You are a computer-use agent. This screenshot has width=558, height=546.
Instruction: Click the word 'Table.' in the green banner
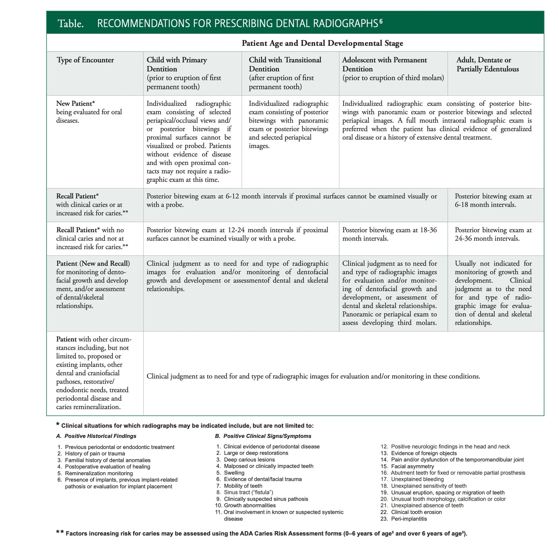(71, 24)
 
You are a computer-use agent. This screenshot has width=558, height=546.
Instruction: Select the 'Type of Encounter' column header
(85, 60)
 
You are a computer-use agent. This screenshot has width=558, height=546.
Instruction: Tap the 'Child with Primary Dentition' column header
(176, 64)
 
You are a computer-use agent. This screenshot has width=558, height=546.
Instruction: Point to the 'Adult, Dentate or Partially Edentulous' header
(487, 64)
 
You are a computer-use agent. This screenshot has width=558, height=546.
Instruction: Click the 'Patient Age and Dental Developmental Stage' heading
(322, 43)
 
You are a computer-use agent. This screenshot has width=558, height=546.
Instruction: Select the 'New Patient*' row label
(75, 103)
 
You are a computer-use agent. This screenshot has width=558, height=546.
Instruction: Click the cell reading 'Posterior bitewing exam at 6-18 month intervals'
(493, 200)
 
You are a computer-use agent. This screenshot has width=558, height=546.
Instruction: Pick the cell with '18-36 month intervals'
(389, 234)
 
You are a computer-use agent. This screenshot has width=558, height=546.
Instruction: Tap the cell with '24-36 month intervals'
(493, 234)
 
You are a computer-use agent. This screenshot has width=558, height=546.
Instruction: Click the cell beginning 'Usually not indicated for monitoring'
(493, 293)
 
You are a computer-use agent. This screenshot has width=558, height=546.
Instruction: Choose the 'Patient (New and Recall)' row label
(93, 263)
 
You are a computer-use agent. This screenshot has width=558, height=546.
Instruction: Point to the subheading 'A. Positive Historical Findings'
(96, 436)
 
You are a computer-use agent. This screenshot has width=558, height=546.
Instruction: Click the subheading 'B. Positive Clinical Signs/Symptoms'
(263, 436)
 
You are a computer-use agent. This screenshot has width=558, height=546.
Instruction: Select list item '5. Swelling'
(230, 473)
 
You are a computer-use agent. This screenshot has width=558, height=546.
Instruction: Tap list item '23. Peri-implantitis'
(404, 519)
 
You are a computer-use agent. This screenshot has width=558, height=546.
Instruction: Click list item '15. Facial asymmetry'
(407, 466)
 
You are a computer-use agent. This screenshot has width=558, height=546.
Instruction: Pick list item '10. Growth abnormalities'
(245, 506)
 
